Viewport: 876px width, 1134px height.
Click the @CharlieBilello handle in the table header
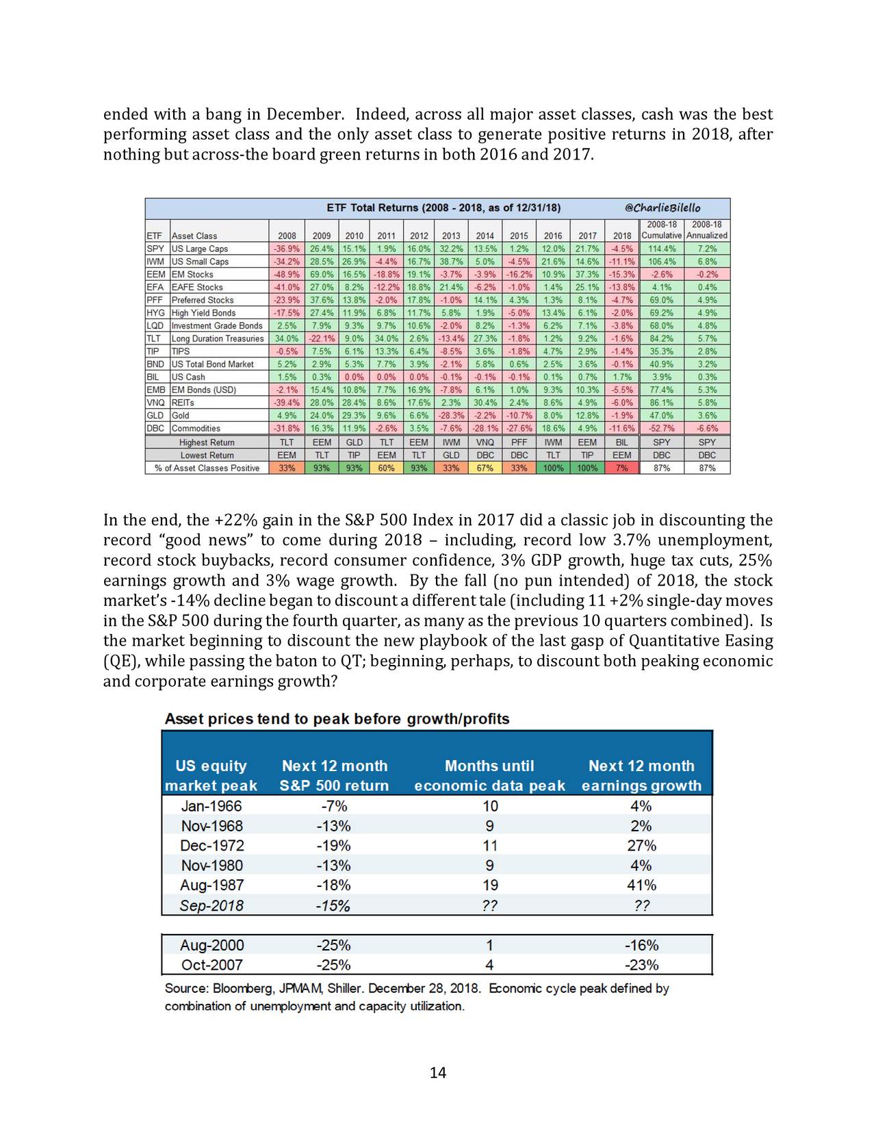[x=662, y=207]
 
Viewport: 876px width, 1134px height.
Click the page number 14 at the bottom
[x=438, y=1072]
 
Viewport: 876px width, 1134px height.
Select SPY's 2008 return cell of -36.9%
[x=287, y=249]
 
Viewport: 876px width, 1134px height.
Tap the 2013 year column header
[x=451, y=236]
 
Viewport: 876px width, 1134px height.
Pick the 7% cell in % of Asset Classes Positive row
[x=622, y=468]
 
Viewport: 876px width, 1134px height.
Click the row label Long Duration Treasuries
[x=218, y=338]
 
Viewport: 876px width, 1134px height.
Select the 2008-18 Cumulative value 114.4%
[x=662, y=249]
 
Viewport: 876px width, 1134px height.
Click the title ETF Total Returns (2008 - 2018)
[x=443, y=207]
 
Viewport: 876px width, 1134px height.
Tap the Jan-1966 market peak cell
[x=211, y=806]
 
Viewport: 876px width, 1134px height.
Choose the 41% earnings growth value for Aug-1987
[x=641, y=885]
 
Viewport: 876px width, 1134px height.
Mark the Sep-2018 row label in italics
[x=211, y=905]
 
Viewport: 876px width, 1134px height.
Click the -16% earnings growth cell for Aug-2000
[x=641, y=945]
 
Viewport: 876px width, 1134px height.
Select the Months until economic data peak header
[x=489, y=776]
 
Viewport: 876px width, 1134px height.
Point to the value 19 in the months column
[x=490, y=885]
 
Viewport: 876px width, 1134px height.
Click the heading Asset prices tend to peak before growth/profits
[x=337, y=719]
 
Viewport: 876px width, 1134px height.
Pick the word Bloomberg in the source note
[x=243, y=989]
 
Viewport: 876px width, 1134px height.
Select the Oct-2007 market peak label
[x=212, y=965]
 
